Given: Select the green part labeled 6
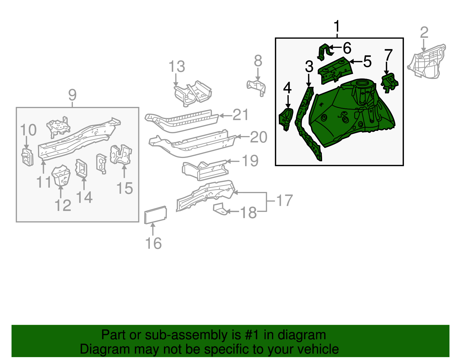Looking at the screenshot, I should click(x=324, y=52).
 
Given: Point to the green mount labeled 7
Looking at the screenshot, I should click(x=390, y=82).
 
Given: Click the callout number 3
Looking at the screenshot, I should click(x=309, y=67).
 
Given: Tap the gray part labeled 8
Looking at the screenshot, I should click(x=256, y=86).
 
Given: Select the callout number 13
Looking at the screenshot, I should click(x=177, y=67).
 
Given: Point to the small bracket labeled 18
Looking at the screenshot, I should click(x=220, y=209).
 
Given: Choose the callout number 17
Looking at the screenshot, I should click(x=284, y=201).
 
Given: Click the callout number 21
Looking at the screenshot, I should click(x=240, y=115).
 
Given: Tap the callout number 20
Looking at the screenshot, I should click(x=258, y=137).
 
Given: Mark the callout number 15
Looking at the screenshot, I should click(x=125, y=189).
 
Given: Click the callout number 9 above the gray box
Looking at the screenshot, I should click(x=72, y=95).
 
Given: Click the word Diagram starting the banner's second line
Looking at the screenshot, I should click(x=97, y=349).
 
